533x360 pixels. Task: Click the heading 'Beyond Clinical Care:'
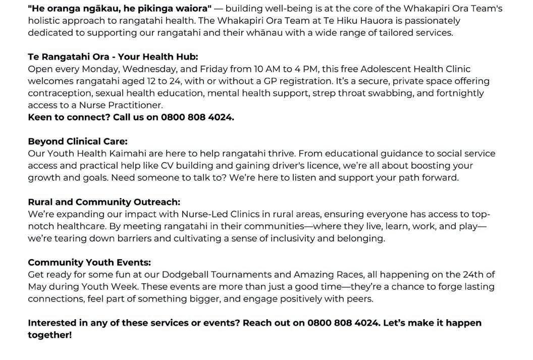click(x=77, y=141)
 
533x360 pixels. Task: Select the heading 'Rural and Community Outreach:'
click(x=103, y=202)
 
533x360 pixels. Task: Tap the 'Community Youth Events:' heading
click(x=89, y=263)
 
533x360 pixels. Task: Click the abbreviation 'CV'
click(x=167, y=166)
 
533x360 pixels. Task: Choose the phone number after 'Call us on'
click(x=197, y=117)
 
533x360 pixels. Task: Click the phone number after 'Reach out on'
click(x=344, y=323)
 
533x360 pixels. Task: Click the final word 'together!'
click(x=49, y=335)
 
